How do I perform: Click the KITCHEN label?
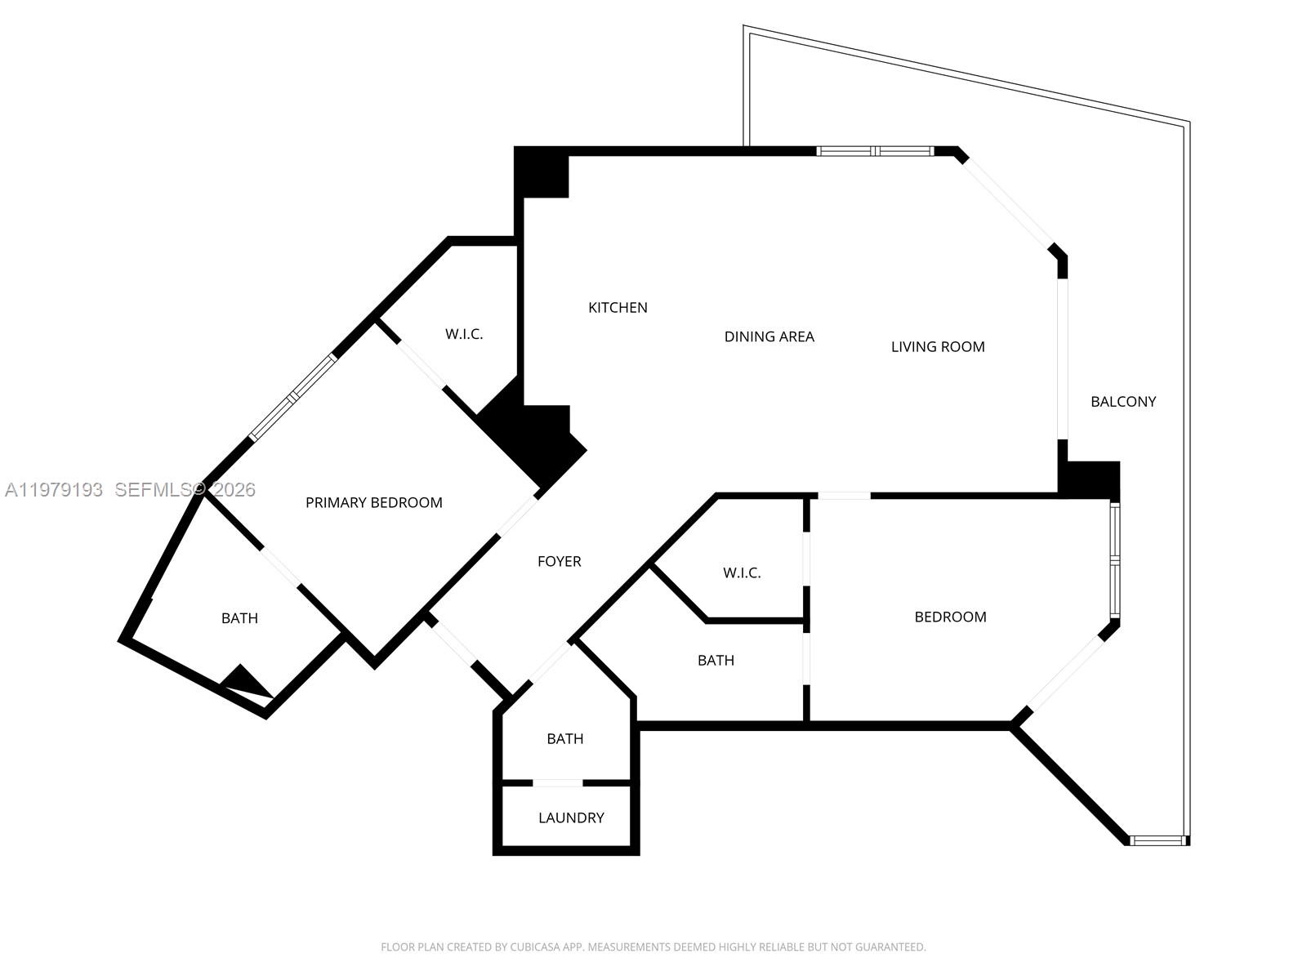pyautogui.click(x=618, y=308)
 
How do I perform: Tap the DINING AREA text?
pyautogui.click(x=769, y=336)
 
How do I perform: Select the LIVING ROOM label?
pyautogui.click(x=937, y=347)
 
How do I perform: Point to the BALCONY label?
pyautogui.click(x=1122, y=402)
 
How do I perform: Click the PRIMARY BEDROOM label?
pyautogui.click(x=373, y=503)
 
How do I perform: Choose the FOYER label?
pyautogui.click(x=559, y=562)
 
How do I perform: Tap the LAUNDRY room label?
pyautogui.click(x=571, y=817)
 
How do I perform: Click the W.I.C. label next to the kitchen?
pyautogui.click(x=463, y=334)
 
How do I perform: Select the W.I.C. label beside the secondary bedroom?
pyautogui.click(x=741, y=573)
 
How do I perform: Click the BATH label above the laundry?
pyautogui.click(x=564, y=739)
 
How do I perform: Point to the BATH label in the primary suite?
pyautogui.click(x=239, y=618)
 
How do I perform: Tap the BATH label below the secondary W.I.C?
pyautogui.click(x=715, y=661)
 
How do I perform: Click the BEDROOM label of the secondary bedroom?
pyautogui.click(x=949, y=617)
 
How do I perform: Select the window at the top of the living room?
pyautogui.click(x=875, y=151)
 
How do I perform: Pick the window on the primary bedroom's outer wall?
pyautogui.click(x=292, y=398)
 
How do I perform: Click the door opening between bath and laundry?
pyautogui.click(x=557, y=782)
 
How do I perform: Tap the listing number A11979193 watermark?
pyautogui.click(x=54, y=490)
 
